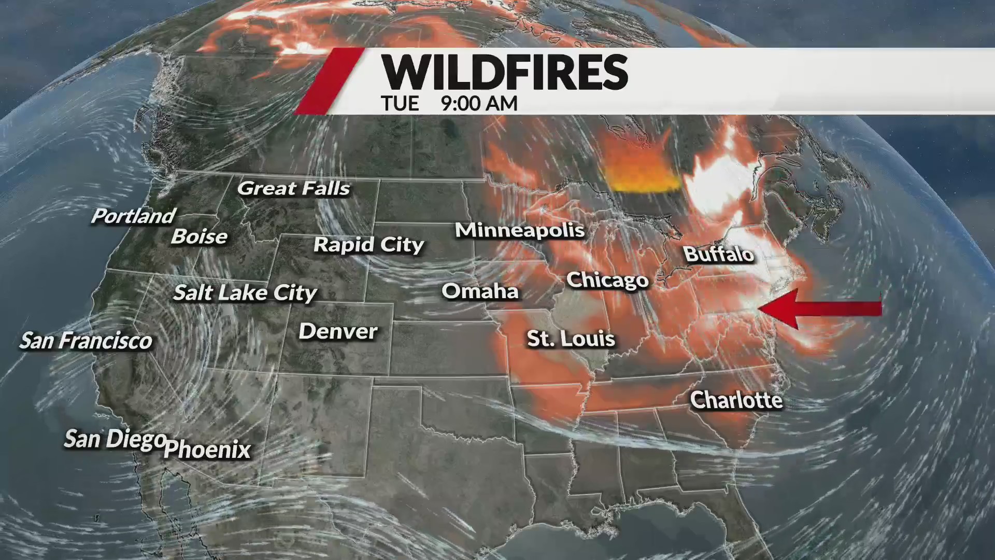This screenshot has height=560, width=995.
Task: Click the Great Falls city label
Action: (x=293, y=188)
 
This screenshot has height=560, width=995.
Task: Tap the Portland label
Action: (x=133, y=216)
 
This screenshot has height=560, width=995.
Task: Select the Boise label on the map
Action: (x=200, y=236)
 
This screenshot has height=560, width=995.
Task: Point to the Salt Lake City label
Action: (x=245, y=293)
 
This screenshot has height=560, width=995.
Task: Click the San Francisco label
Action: (x=86, y=341)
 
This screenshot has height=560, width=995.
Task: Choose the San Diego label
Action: (x=115, y=439)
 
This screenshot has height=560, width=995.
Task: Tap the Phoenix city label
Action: (x=207, y=449)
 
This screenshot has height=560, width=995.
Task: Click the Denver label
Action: (x=338, y=331)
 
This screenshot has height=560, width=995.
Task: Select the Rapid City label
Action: (x=368, y=245)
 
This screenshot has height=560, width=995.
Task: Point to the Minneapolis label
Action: (x=519, y=230)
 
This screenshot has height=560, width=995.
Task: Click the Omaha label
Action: (x=480, y=291)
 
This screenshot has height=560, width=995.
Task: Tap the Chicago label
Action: (x=607, y=280)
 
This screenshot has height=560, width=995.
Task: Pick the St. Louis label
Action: (x=571, y=339)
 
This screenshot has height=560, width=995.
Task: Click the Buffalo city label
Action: (x=718, y=254)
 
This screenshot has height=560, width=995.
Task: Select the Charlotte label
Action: (x=736, y=400)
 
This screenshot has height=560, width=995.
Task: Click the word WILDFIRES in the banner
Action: (x=505, y=73)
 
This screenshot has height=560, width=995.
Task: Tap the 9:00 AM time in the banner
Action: (x=479, y=104)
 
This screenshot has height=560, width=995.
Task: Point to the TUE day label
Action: (x=400, y=104)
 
